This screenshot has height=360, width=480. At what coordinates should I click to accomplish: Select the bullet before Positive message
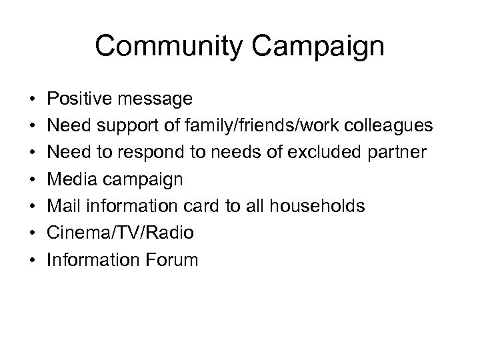coord(33,100)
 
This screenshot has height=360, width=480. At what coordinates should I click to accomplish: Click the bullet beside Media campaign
coord(33,180)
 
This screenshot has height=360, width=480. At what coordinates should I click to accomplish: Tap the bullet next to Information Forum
coord(33,260)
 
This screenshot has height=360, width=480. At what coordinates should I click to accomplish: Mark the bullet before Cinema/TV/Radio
coord(33,233)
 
